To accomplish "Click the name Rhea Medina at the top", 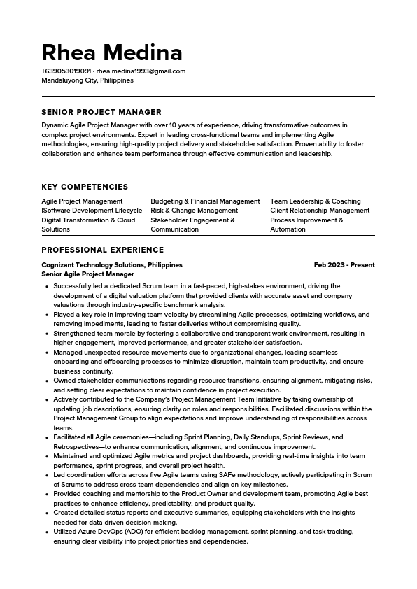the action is tap(112, 52).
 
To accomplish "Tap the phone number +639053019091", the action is tap(66, 71).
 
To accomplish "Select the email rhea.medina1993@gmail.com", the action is tap(141, 71).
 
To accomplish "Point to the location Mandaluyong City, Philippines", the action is tap(87, 80).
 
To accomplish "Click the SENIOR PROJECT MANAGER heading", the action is tap(101, 112).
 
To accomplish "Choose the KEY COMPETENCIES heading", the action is tap(85, 187).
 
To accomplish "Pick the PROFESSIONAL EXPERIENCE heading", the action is tap(103, 250).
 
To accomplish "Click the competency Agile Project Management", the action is tap(82, 201).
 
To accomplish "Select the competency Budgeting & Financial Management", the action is tap(205, 201).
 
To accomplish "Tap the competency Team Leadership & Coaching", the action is tap(316, 201).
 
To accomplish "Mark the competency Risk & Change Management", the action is tap(195, 211).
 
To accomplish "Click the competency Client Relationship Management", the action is tap(320, 211).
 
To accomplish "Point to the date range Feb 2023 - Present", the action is tap(344, 265).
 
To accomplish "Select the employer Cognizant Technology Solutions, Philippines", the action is tap(112, 265).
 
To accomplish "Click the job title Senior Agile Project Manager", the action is tap(87, 274).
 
